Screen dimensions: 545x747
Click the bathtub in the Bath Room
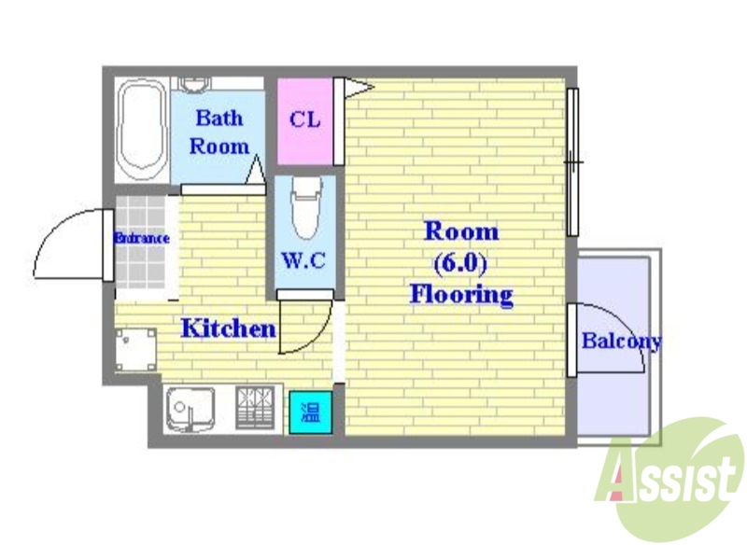[x=143, y=132]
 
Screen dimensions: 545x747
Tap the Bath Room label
[x=218, y=132]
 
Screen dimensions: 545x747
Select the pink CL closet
[x=304, y=120]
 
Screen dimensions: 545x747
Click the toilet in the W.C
[x=304, y=209]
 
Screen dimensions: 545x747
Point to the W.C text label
[x=303, y=260]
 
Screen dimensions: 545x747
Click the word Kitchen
[x=227, y=328]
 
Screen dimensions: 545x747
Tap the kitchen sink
[x=192, y=408]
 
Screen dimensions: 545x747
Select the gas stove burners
[x=257, y=408]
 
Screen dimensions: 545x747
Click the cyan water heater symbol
[x=307, y=412]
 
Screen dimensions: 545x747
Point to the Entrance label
[x=141, y=238]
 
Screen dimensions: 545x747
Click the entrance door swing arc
[x=65, y=245]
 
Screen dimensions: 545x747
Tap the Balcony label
[x=620, y=341]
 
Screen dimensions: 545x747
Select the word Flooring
[x=461, y=296]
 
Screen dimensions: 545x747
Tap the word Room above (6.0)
[x=461, y=231]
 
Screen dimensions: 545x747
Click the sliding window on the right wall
[x=572, y=162]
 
